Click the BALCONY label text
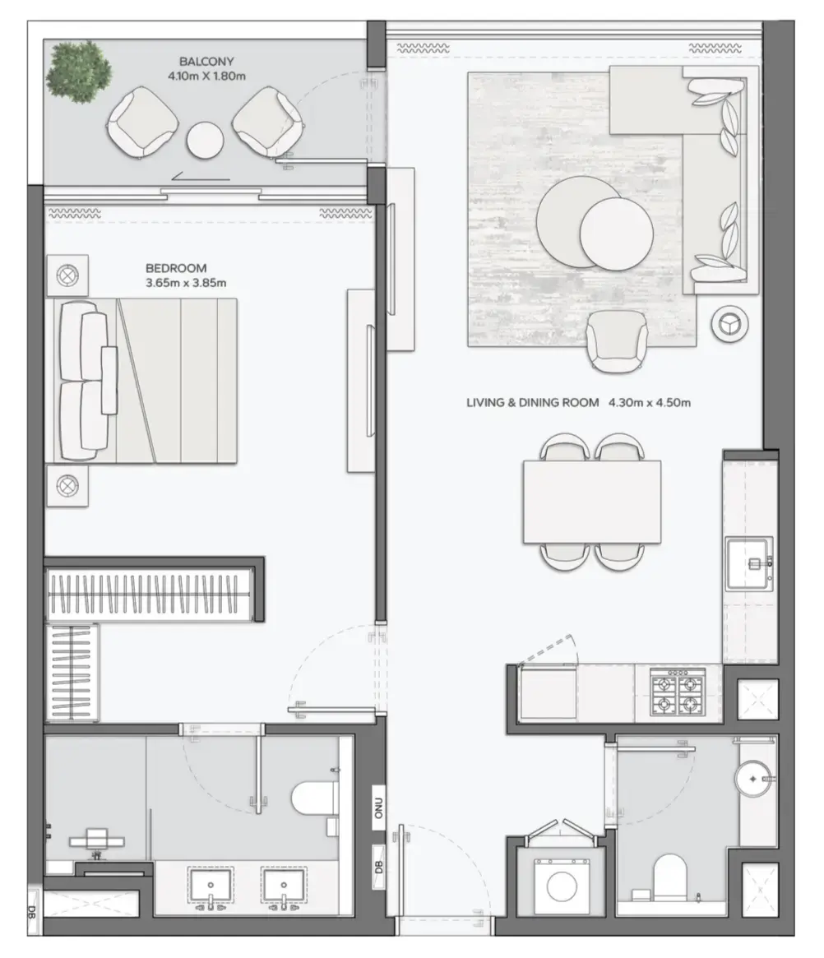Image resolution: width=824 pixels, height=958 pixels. click(x=207, y=61)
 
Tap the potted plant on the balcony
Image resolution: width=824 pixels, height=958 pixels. click(x=79, y=72)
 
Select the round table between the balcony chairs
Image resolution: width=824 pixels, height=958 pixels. click(x=205, y=140)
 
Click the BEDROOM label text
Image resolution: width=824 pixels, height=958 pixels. click(x=176, y=268)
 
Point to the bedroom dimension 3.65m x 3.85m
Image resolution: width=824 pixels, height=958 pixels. click(x=186, y=283)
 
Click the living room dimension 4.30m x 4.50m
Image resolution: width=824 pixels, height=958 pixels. click(x=649, y=403)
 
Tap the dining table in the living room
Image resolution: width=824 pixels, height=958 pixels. click(x=592, y=502)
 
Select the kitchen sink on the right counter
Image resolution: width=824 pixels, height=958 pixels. click(x=749, y=563)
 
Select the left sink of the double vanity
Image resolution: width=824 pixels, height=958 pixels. click(x=211, y=889)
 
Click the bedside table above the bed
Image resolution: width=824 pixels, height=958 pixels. click(x=67, y=275)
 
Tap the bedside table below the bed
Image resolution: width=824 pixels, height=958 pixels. click(x=67, y=485)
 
